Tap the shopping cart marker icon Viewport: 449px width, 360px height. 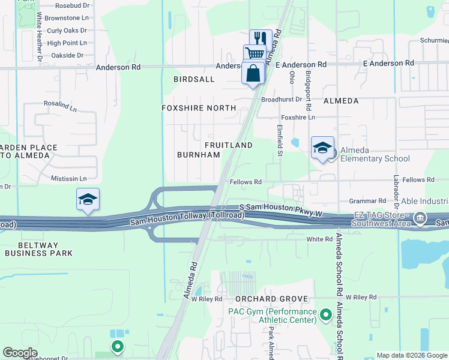255,54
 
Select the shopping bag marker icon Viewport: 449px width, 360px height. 253,73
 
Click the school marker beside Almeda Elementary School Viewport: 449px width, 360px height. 322,148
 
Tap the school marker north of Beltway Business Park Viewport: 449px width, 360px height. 88,199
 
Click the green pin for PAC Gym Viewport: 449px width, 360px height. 326,314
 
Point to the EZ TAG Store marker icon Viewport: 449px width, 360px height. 420,220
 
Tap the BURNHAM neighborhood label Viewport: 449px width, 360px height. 198,155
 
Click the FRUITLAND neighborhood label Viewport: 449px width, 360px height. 228,145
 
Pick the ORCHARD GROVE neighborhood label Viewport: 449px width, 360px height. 271,299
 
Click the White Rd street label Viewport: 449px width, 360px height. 319,239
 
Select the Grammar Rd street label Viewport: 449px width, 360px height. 369,201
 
